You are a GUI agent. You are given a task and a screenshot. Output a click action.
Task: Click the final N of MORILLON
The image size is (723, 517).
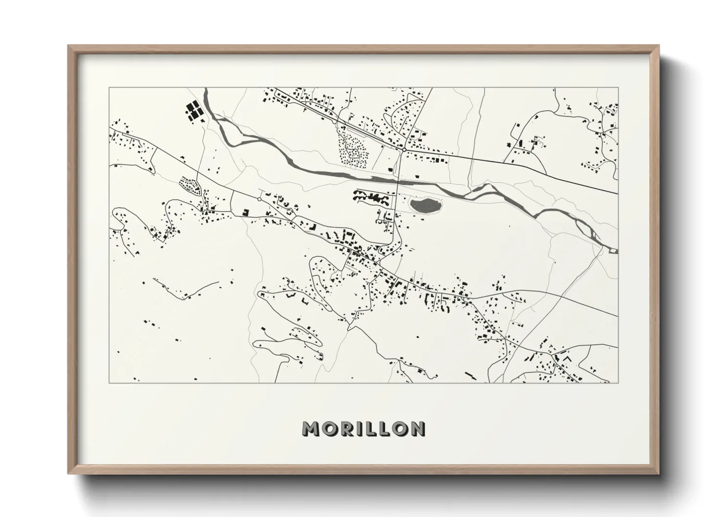[417, 429]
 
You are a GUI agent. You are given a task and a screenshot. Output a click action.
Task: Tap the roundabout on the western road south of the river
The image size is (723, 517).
[259, 199]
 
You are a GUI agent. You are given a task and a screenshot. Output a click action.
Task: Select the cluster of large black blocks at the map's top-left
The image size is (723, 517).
[193, 111]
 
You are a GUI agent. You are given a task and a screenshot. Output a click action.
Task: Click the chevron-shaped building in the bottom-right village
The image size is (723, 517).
[568, 358]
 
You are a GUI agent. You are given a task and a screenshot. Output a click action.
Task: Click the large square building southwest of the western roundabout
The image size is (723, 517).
[246, 212]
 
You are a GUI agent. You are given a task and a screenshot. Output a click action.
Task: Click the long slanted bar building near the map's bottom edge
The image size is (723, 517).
[470, 374]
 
